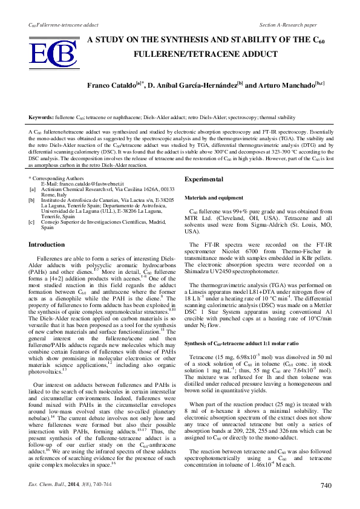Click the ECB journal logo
click(54, 54)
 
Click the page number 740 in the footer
click(326, 485)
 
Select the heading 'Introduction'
click(47, 245)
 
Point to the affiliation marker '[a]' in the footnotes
click(33, 188)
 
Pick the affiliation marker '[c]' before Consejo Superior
click(33, 222)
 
